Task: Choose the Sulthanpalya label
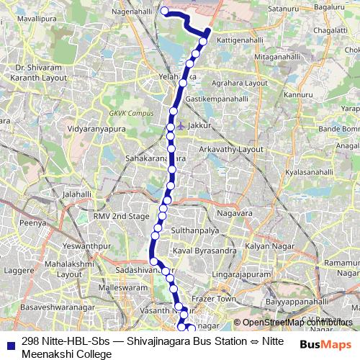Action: point(194,230)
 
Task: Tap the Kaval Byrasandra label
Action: point(205,251)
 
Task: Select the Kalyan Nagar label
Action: point(266,246)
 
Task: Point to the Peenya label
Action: point(33,224)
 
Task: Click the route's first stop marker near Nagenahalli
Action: point(164,11)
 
